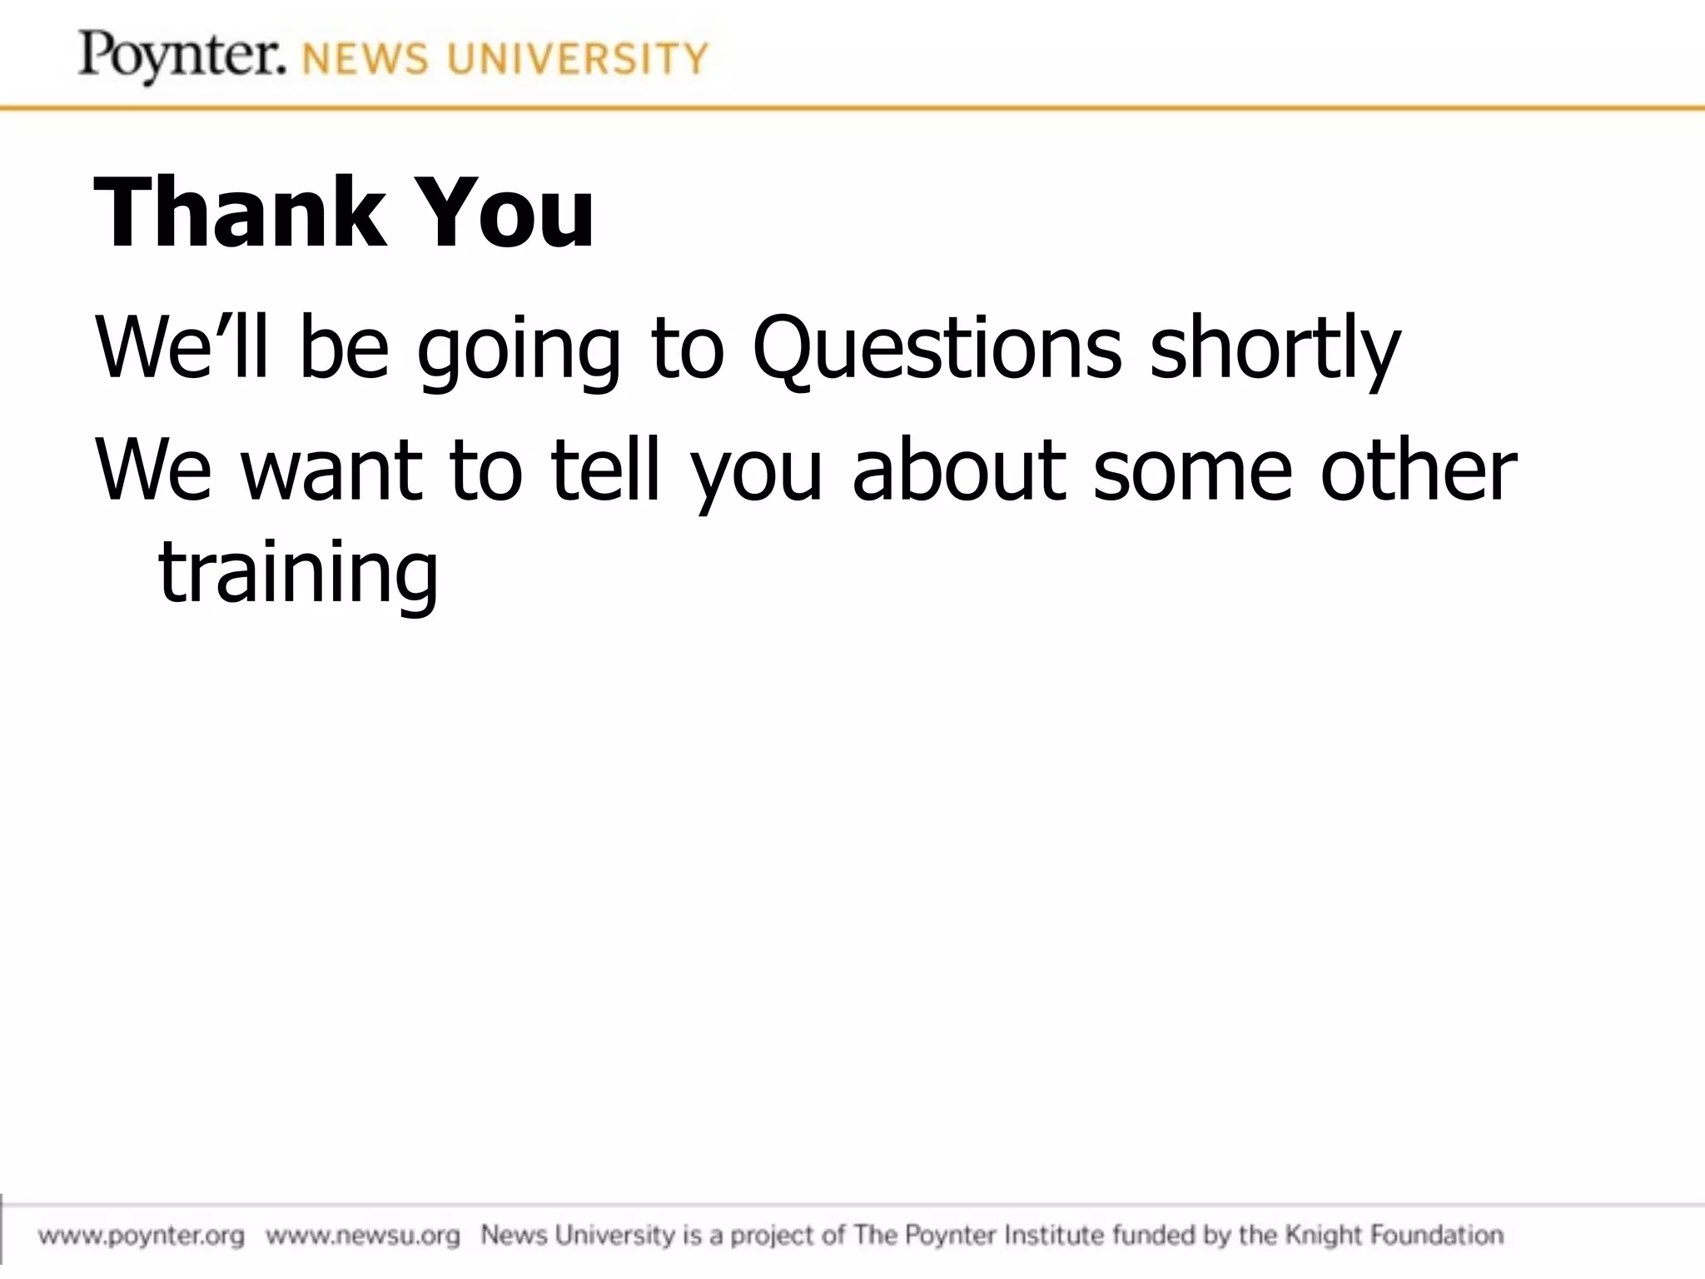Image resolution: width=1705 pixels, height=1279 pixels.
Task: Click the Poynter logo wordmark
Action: click(x=181, y=56)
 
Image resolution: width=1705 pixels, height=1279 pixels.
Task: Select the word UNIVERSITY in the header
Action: click(x=577, y=60)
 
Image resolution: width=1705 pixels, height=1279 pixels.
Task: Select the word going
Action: click(x=519, y=350)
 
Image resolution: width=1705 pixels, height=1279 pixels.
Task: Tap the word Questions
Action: click(x=937, y=348)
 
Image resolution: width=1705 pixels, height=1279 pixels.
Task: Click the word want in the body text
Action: click(x=331, y=470)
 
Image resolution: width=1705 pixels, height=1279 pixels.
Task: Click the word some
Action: click(x=1192, y=470)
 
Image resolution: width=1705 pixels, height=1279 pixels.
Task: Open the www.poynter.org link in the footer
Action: click(x=142, y=1235)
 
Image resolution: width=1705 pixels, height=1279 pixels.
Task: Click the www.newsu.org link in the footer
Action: click(x=363, y=1235)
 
